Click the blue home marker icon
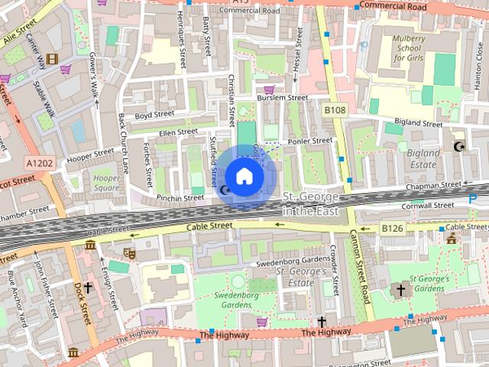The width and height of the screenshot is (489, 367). coord(244,177)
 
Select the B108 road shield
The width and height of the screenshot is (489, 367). coord(335,111)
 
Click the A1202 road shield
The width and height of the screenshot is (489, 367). coord(39,163)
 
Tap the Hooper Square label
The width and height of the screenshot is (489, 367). coord(106,183)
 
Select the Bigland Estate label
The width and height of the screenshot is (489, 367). coord(424,158)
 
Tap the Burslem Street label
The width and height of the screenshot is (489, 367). coord(283,98)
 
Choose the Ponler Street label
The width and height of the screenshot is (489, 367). coord(310,141)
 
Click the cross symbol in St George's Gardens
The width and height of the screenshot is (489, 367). coord(400,290)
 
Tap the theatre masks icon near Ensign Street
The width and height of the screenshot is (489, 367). coord(129,251)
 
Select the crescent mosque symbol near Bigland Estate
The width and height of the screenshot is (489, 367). coord(459,146)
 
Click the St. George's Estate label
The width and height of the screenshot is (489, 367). coord(300,276)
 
